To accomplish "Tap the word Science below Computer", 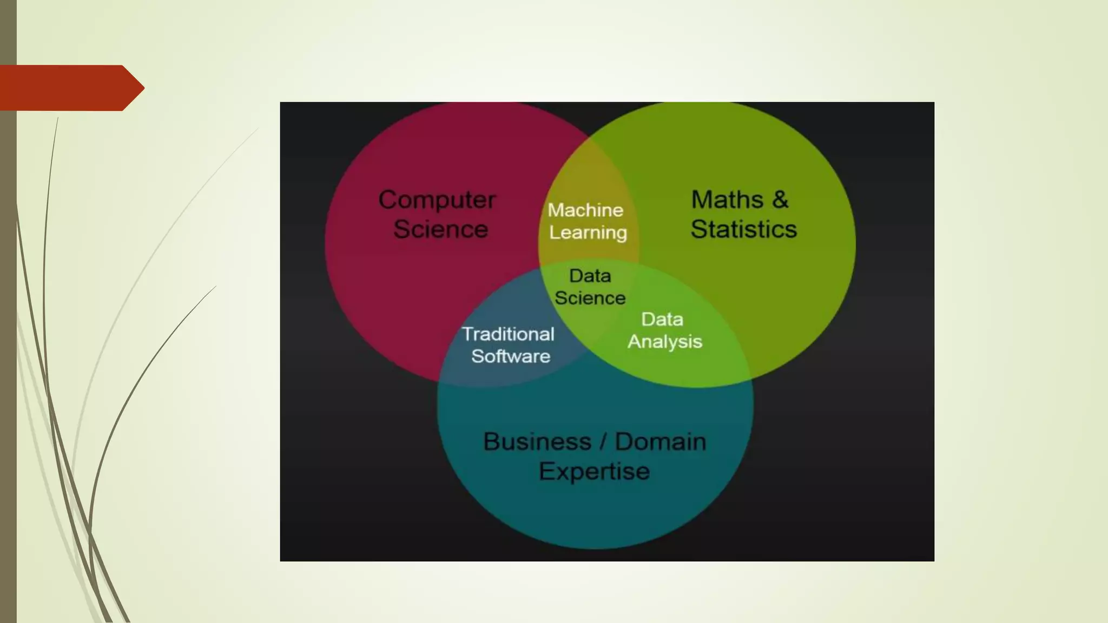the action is (x=440, y=229).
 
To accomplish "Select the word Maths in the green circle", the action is (x=727, y=200).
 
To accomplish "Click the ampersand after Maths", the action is (x=780, y=200).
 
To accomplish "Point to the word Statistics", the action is (x=743, y=229).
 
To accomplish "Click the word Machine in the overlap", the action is (x=585, y=210).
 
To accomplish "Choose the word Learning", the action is (x=588, y=233).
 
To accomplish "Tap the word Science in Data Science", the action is (x=590, y=298).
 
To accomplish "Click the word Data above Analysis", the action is (x=662, y=319).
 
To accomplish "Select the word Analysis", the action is (x=664, y=342).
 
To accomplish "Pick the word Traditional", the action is (x=508, y=334).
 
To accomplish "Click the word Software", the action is (x=511, y=356).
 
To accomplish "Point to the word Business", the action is (x=537, y=442).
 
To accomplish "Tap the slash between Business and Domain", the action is (x=603, y=442).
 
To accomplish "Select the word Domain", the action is (x=661, y=442).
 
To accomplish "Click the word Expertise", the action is (x=594, y=472).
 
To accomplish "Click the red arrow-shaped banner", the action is (x=65, y=88).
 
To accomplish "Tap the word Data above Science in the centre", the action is (x=590, y=276).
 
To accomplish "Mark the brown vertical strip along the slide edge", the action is (x=8, y=352).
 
